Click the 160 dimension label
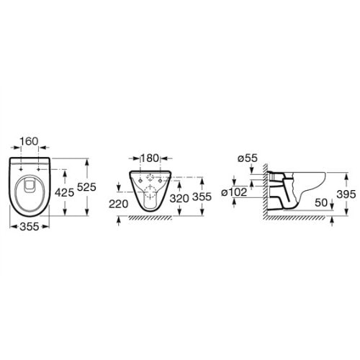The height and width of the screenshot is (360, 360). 29,141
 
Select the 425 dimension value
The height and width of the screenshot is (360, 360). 64,192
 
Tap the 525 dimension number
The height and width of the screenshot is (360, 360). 86,187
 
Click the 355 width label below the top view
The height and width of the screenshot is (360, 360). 30,227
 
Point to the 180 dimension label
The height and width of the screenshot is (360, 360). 150,158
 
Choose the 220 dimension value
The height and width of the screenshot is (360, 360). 119,204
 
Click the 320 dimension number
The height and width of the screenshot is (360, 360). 179,198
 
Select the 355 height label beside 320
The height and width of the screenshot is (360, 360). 202,197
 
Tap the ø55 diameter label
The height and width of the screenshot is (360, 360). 248,158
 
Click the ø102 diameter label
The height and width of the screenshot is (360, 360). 234,192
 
